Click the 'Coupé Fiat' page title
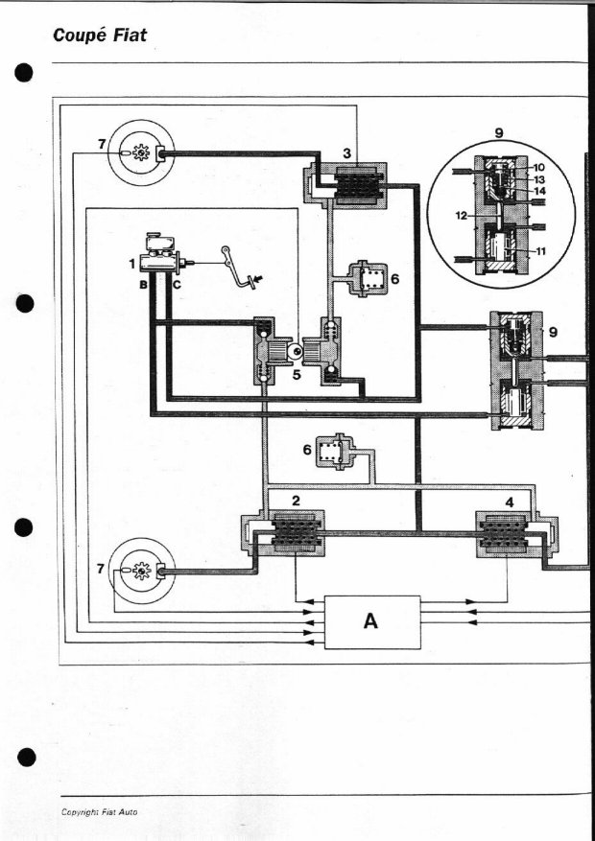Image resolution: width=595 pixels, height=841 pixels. (x=100, y=35)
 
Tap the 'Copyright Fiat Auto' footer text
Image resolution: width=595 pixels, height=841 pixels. (x=99, y=812)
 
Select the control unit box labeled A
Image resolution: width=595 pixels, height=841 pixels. (x=372, y=622)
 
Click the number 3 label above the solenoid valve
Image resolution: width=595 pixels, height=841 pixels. (x=347, y=153)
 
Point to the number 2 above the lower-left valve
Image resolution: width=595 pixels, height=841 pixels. (x=296, y=501)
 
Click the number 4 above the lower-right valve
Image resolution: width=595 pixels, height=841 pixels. (x=510, y=502)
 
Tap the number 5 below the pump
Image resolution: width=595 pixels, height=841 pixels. (x=297, y=375)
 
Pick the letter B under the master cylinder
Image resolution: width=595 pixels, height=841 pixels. (x=143, y=286)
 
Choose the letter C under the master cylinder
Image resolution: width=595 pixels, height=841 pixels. (x=177, y=286)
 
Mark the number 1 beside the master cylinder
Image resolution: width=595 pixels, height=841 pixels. (x=131, y=263)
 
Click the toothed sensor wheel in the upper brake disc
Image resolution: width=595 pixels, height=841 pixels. (x=140, y=153)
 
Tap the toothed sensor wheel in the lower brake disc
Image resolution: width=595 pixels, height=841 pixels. (x=140, y=571)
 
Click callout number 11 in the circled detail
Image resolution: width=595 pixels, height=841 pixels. (x=540, y=251)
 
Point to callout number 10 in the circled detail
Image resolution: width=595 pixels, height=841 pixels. (x=538, y=168)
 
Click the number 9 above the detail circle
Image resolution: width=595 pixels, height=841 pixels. (x=499, y=133)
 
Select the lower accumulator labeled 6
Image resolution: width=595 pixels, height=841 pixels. (x=334, y=452)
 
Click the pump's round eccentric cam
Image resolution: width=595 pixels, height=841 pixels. (x=294, y=351)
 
